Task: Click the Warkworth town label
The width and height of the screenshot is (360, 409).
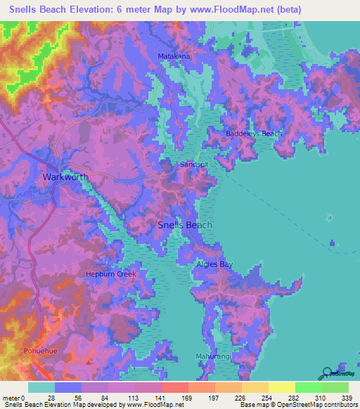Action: pyautogui.click(x=65, y=176)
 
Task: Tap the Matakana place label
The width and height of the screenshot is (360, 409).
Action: pyautogui.click(x=174, y=55)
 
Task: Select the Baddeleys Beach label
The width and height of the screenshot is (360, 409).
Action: pyautogui.click(x=254, y=134)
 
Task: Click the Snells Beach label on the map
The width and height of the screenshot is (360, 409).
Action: pyautogui.click(x=184, y=225)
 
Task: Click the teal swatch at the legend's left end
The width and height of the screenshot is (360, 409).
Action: pyautogui.click(x=41, y=387)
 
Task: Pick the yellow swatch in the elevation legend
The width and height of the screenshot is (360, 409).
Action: pyautogui.click(x=281, y=387)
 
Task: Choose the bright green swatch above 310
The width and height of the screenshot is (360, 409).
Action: pyautogui.click(x=308, y=387)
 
